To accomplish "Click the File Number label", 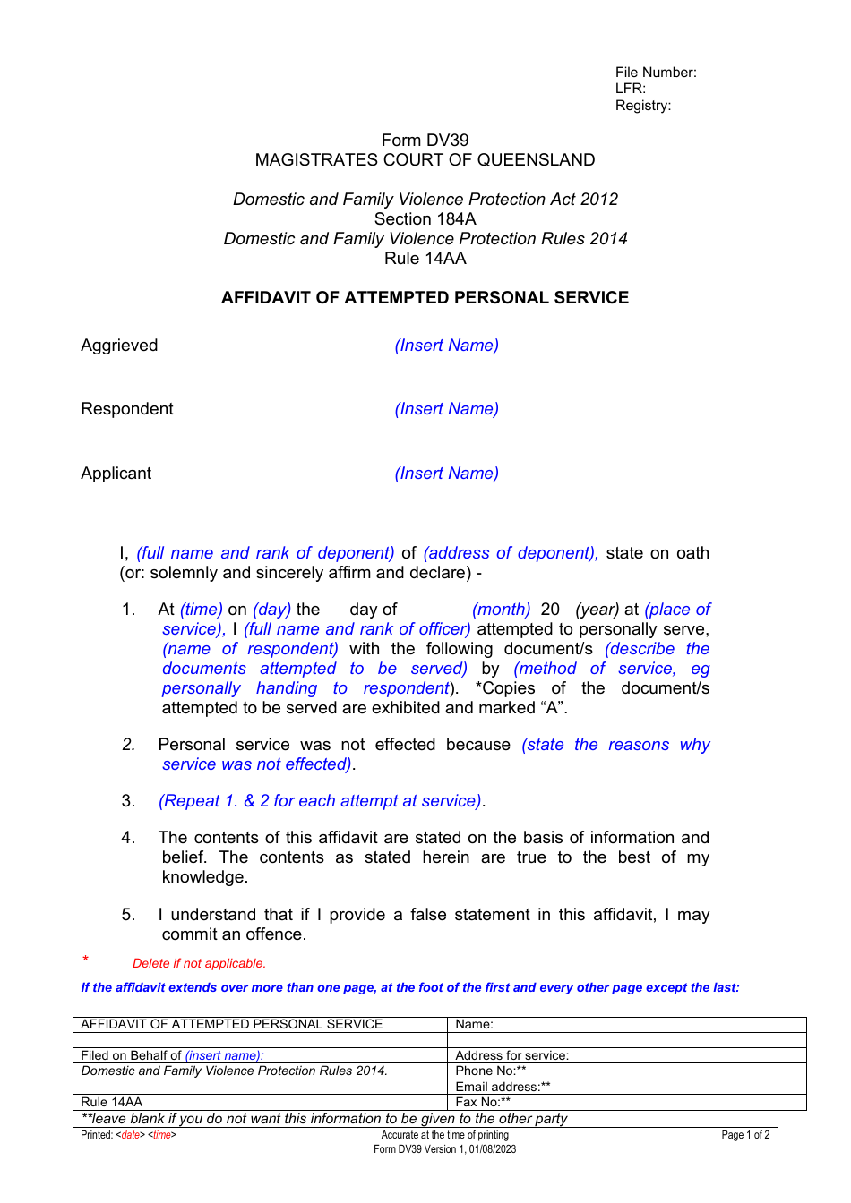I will (655, 73).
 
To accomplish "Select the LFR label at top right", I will (630, 89).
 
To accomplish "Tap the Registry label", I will (642, 106).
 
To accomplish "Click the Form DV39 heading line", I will (425, 141).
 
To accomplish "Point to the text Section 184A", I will (425, 219).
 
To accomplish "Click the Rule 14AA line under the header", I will (425, 259).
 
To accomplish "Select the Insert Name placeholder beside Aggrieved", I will (446, 346).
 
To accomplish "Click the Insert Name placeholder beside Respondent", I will (446, 409).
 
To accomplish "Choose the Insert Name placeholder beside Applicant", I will (446, 474).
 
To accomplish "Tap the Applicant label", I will (116, 474).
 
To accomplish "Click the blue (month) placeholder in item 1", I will (501, 610).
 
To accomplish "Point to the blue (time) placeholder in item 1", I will (201, 610).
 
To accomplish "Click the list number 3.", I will (128, 801).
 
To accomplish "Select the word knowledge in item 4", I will (203, 877).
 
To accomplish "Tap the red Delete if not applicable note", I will (199, 964).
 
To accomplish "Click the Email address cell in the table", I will (503, 1087).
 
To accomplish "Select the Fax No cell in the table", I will (483, 1102).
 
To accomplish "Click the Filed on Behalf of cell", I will (172, 1055).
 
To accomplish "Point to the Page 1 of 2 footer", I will (744, 1135).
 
